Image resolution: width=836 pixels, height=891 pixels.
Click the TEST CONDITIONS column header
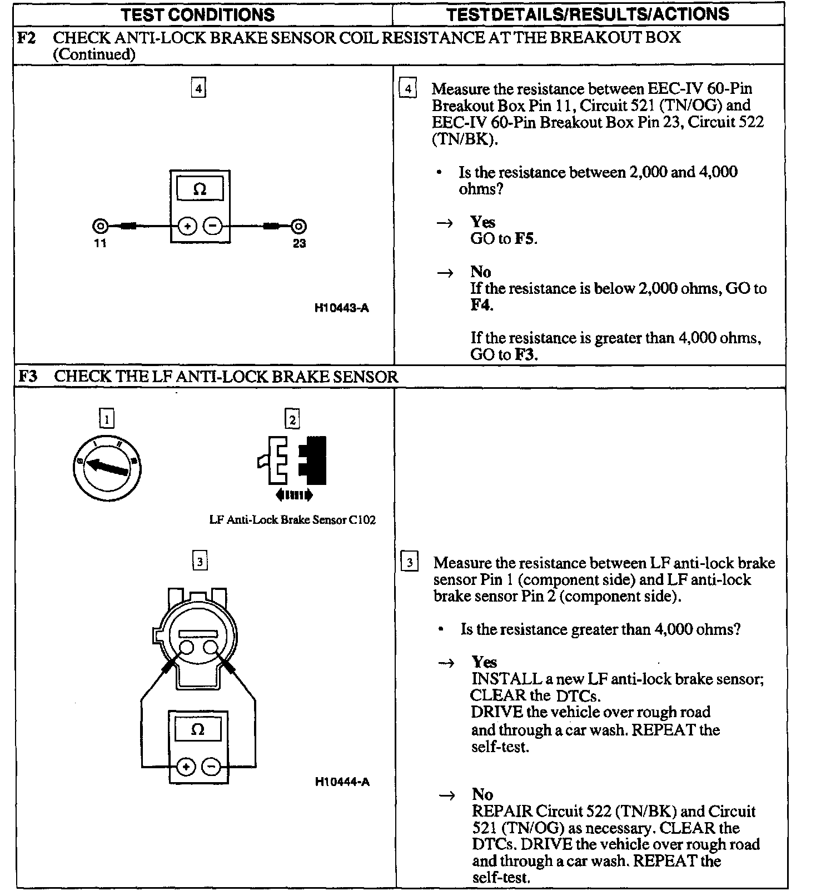(198, 14)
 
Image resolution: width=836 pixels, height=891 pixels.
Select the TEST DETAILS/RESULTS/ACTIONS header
(588, 14)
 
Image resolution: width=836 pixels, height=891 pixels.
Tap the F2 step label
(27, 38)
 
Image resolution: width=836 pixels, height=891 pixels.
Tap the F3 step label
(28, 376)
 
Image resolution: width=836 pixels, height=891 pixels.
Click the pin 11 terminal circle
(101, 226)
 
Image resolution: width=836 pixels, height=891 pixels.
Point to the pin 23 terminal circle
(298, 226)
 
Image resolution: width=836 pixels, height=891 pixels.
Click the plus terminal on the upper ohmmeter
(187, 226)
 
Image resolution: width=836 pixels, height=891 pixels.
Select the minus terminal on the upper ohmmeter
(212, 226)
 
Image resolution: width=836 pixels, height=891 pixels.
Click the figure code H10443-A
(341, 308)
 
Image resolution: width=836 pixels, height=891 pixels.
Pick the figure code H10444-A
(342, 782)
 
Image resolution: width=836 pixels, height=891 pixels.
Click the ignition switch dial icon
(107, 467)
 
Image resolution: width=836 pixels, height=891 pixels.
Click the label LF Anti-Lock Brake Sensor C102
(292, 520)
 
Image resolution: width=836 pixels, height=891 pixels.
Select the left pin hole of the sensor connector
(186, 648)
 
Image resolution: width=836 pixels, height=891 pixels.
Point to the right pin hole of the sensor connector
(211, 648)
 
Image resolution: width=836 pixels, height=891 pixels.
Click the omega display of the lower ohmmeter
(198, 729)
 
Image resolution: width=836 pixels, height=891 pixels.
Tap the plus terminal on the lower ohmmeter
(186, 767)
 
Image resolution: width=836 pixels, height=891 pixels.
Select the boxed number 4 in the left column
(198, 88)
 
